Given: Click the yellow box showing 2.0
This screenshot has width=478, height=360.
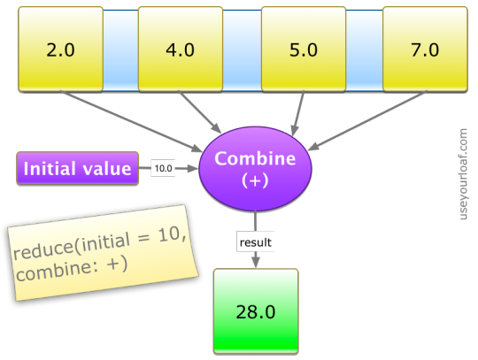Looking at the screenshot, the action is [61, 49].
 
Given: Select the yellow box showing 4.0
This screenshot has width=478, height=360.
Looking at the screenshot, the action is [181, 49].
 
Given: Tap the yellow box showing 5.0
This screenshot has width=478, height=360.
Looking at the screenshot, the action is [304, 49].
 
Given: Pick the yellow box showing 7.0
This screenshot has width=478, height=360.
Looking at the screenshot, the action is [425, 49].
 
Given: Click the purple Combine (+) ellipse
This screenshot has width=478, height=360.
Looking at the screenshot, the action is [255, 168].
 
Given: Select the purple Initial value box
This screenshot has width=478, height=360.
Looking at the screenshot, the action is [77, 168].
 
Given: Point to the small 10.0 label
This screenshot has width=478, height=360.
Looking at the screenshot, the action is [163, 168].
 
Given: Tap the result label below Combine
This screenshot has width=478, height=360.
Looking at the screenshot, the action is [256, 242].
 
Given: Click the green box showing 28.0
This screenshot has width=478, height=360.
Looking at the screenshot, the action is [256, 311].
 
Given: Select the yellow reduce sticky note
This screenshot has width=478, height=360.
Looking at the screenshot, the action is [103, 253].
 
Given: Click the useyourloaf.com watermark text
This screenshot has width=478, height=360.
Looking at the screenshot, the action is [463, 174].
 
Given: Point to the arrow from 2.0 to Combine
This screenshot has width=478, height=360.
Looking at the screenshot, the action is [131, 121].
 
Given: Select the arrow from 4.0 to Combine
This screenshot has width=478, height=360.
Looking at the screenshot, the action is [200, 111].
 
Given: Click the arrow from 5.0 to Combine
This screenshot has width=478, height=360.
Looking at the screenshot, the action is [298, 113].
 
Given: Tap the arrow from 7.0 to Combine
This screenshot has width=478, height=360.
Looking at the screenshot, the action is [366, 120].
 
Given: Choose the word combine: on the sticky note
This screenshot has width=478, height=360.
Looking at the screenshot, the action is [58, 270].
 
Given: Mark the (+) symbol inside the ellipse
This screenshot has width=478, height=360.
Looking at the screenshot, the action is [255, 180].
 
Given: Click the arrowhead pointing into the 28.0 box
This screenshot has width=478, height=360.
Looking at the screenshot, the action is [256, 263].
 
